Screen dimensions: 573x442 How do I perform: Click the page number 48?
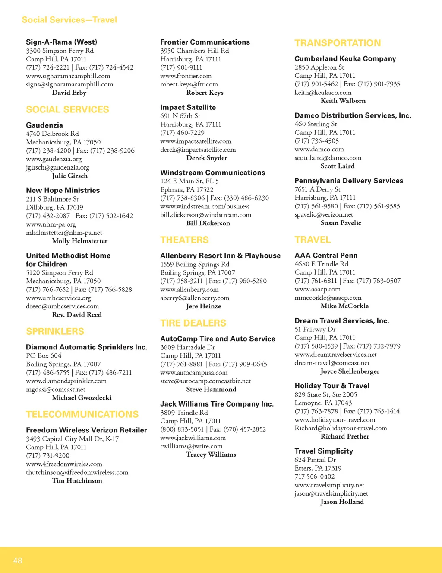[x=18, y=560]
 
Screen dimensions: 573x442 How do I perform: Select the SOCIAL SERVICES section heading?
[x=67, y=109]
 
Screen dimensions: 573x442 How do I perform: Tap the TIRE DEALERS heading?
[x=193, y=323]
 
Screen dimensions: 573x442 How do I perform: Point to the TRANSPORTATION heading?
[x=338, y=43]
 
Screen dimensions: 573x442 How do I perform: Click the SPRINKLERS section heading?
[x=55, y=331]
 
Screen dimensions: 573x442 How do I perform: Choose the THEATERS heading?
[x=184, y=240]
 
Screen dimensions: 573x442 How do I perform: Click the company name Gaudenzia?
[x=44, y=125]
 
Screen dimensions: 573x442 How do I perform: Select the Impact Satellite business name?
[x=188, y=107]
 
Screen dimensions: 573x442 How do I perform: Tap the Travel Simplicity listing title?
[x=324, y=451]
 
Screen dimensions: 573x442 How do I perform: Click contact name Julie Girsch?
[x=69, y=176]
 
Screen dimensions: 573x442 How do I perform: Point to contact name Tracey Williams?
[x=211, y=455]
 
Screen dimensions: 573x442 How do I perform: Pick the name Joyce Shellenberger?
[x=350, y=371]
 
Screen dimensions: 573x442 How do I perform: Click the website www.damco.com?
[x=319, y=149]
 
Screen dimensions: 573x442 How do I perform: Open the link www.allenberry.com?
[x=189, y=289]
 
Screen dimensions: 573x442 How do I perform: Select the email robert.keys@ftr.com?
[x=189, y=84]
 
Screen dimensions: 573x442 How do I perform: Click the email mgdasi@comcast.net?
[x=56, y=389]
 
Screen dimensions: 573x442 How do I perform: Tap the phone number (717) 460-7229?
[x=182, y=133]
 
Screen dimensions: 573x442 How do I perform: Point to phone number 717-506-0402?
[x=315, y=477]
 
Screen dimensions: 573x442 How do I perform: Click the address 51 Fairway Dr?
[x=315, y=329]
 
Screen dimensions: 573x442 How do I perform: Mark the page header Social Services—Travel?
[x=69, y=20]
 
